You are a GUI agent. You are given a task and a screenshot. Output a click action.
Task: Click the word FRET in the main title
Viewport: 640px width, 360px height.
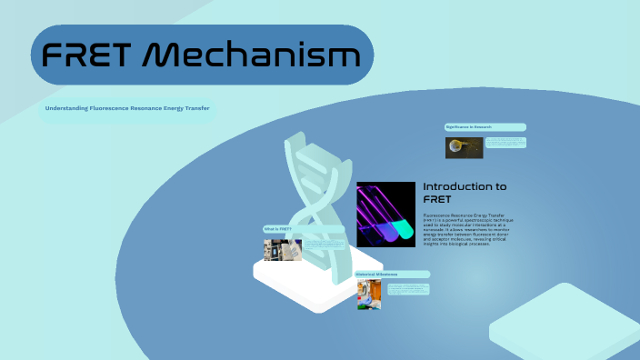click(x=88, y=56)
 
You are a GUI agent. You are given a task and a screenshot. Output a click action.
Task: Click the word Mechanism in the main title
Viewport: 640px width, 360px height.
click(x=253, y=56)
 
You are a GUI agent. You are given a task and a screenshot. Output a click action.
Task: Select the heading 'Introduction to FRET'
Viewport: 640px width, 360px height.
click(x=465, y=192)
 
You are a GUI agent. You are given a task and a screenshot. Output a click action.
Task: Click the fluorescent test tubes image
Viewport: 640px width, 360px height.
click(x=385, y=215)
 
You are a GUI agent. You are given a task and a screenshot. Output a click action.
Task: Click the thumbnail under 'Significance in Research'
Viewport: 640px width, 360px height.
click(x=457, y=147)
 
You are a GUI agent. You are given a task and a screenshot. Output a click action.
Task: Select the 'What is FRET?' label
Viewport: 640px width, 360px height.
click(x=279, y=229)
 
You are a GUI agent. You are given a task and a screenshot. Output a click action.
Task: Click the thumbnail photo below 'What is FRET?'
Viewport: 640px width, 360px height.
click(x=277, y=250)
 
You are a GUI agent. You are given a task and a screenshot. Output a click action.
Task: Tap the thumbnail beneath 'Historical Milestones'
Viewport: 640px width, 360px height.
click(x=369, y=295)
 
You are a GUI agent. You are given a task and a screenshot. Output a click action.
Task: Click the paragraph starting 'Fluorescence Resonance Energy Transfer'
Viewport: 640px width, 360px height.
click(x=468, y=230)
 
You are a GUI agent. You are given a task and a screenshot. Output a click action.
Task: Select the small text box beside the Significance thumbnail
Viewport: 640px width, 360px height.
click(x=505, y=142)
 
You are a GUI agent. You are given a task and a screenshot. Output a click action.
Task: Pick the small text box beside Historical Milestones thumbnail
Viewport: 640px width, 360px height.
click(x=409, y=289)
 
